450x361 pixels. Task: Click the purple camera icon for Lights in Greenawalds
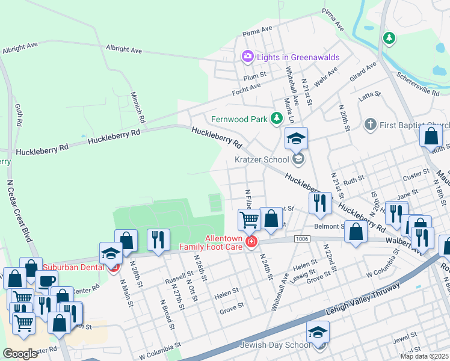pyautogui.click(x=247, y=57)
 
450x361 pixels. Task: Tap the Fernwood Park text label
pyautogui.click(x=239, y=119)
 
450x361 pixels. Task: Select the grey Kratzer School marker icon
pyautogui.click(x=298, y=160)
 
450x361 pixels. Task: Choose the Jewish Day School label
pyautogui.click(x=275, y=345)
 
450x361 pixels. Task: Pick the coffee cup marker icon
pyautogui.click(x=46, y=281)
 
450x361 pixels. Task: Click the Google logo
pyautogui.click(x=20, y=354)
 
